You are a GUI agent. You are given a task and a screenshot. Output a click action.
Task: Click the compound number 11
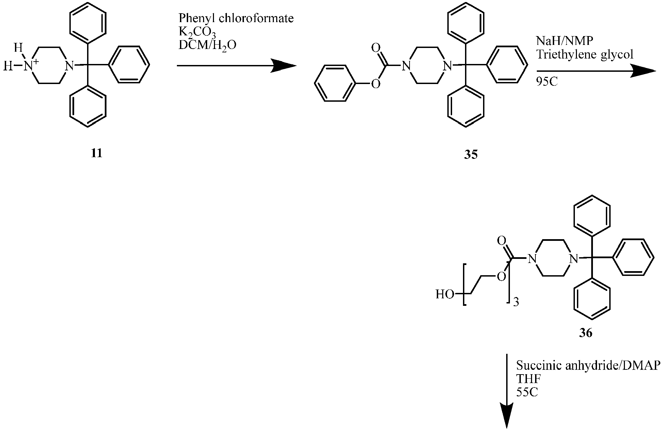coord(97,153)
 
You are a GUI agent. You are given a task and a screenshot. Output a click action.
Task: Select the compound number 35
coord(471,154)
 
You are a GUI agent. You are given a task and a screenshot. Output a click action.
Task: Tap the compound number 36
coord(585,333)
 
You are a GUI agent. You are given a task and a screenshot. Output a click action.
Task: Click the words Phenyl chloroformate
coord(236,18)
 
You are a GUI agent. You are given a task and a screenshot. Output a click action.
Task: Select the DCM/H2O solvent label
coord(208,45)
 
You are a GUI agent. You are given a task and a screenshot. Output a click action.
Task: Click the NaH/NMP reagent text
coord(565,41)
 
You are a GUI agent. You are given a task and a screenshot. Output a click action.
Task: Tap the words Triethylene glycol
coord(585,54)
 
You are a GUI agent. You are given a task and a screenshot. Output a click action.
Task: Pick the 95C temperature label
coord(547,82)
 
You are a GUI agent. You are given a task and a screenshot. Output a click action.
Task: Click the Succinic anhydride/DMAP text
coord(588,365)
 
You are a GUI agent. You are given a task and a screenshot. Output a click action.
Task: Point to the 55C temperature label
coord(527,392)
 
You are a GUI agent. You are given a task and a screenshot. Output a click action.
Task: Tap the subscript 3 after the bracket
coord(516,302)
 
